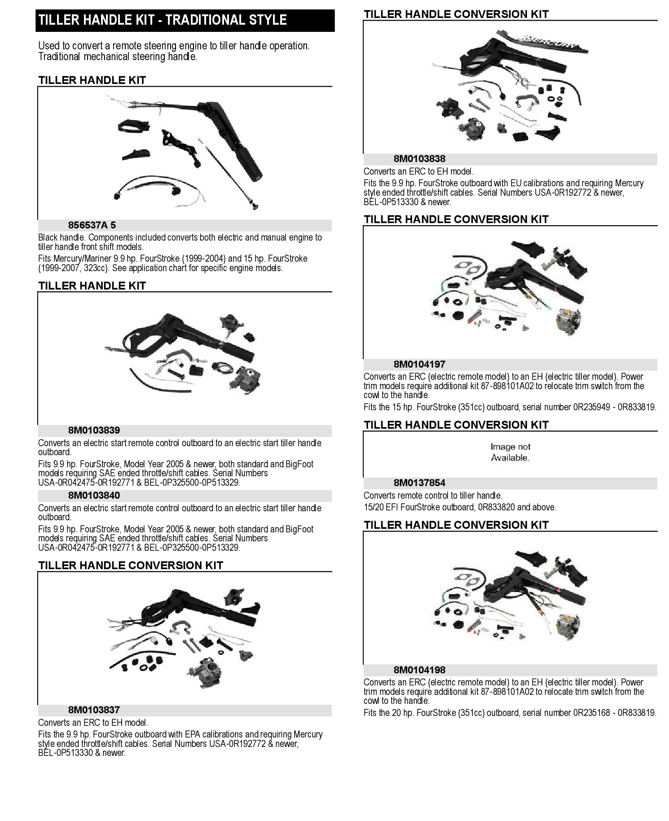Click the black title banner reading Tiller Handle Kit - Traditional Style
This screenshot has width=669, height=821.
[x=185, y=20]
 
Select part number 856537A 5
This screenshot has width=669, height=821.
[x=92, y=225]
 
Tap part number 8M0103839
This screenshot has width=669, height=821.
[x=94, y=430]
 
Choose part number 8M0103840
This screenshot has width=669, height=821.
[x=94, y=496]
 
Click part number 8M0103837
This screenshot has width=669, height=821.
[x=94, y=710]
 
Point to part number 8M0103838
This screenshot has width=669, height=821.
[x=419, y=159]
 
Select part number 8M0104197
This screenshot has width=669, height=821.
[x=419, y=364]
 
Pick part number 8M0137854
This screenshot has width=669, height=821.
[x=419, y=483]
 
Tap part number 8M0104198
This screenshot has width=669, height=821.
[x=419, y=670]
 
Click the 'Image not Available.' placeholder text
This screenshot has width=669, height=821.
[x=510, y=452]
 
